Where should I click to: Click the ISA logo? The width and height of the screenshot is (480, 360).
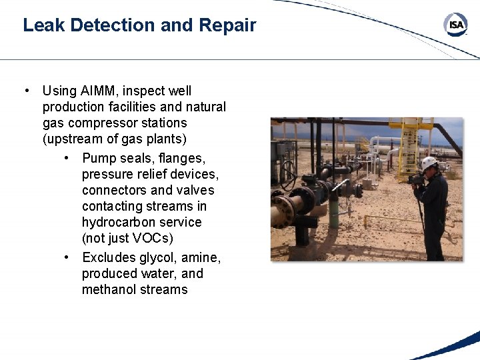pyautogui.click(x=455, y=25)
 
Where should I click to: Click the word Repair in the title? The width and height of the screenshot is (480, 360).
pyautogui.click(x=227, y=25)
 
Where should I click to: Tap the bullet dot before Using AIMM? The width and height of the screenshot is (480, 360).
pyautogui.click(x=25, y=91)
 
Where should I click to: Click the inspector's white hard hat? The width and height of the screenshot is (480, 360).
pyautogui.click(x=429, y=162)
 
